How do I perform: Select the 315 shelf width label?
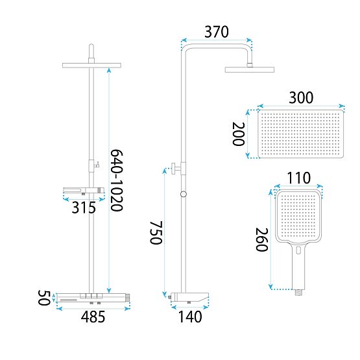click(x=84, y=208)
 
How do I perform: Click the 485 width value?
click(x=95, y=317)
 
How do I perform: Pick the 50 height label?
click(x=42, y=299)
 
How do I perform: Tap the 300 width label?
click(x=301, y=97)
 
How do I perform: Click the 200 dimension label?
click(x=239, y=137)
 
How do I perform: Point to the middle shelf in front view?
click(x=82, y=193)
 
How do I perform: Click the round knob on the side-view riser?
click(x=184, y=194)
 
